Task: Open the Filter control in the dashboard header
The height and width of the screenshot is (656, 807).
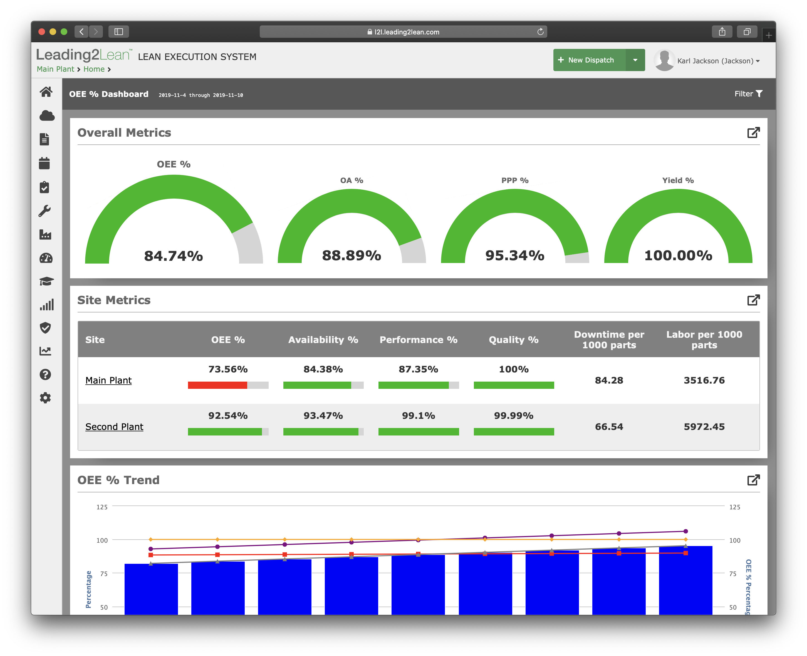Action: tap(748, 94)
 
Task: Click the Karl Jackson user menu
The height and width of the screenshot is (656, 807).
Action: tap(718, 61)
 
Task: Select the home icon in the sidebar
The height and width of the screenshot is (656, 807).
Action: tap(46, 92)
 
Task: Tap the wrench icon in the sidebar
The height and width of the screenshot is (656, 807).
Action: tap(45, 211)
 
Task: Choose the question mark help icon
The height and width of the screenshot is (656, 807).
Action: tap(45, 374)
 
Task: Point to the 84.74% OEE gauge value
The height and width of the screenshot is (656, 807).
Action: tap(173, 256)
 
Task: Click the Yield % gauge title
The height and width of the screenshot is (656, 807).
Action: tap(678, 180)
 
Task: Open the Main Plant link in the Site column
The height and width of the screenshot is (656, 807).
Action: tap(108, 380)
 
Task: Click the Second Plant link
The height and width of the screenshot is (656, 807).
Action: tap(114, 427)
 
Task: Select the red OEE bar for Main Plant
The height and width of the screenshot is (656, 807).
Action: tap(217, 385)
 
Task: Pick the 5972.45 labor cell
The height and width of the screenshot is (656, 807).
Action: tap(704, 427)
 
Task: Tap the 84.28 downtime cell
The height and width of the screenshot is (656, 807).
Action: tap(609, 380)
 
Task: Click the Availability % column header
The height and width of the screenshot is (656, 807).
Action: tap(323, 340)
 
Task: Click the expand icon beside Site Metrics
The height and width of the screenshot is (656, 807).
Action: tap(753, 300)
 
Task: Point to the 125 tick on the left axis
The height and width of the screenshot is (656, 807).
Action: tap(102, 507)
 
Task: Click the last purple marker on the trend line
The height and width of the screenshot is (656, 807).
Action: tap(685, 531)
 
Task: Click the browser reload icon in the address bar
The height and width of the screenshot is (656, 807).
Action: tap(540, 32)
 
